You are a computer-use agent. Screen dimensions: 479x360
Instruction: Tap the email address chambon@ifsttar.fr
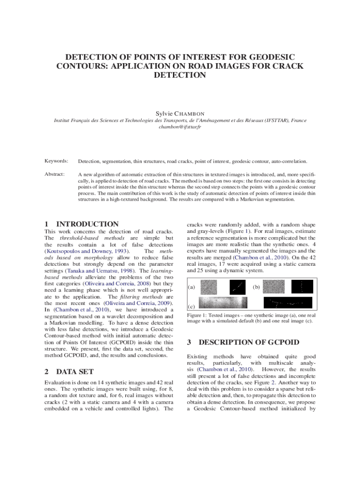pos(180,127)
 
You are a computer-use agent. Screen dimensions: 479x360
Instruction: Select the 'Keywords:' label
pos(56,161)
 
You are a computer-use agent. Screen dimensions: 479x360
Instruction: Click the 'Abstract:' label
pos(55,174)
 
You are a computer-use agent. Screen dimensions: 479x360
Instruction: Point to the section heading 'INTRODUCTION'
pos(87,224)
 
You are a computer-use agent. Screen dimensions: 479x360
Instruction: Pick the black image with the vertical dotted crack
pos(302,287)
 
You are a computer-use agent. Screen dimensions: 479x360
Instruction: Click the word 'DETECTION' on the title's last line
pos(180,75)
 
